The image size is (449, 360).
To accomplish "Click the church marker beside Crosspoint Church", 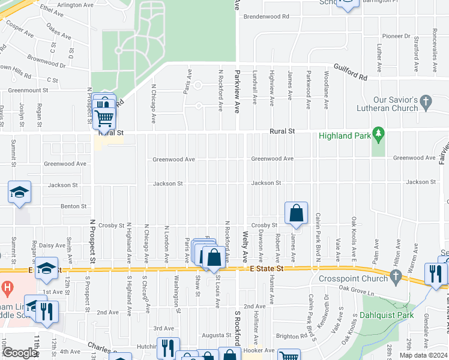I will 394,277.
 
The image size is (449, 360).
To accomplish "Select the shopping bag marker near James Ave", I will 297,212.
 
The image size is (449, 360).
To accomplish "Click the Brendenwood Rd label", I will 266,16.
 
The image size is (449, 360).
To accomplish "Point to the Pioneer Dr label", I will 396,37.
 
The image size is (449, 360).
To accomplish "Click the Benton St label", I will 74,206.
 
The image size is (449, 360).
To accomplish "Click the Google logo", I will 19,353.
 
